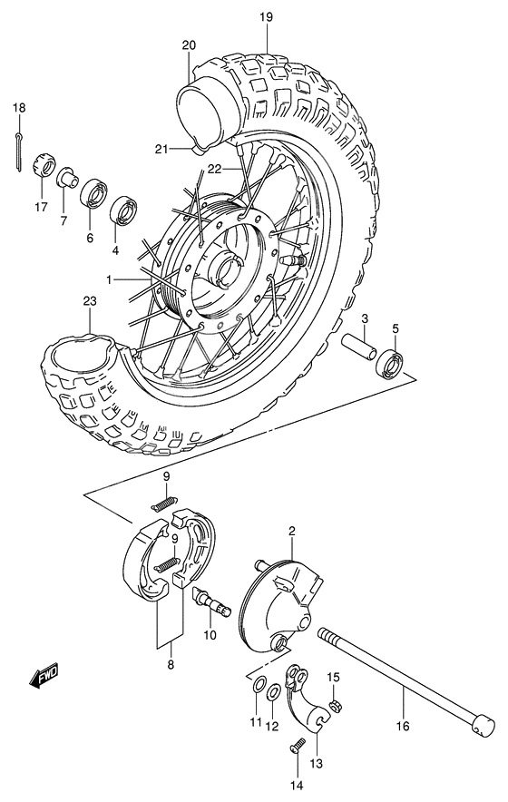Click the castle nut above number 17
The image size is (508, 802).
point(41,167)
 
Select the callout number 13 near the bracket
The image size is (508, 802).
point(316,764)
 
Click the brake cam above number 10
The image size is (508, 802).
point(208,601)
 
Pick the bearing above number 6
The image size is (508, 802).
point(92,194)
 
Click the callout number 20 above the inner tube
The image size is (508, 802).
point(189,44)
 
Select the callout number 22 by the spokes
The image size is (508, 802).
point(214,169)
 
